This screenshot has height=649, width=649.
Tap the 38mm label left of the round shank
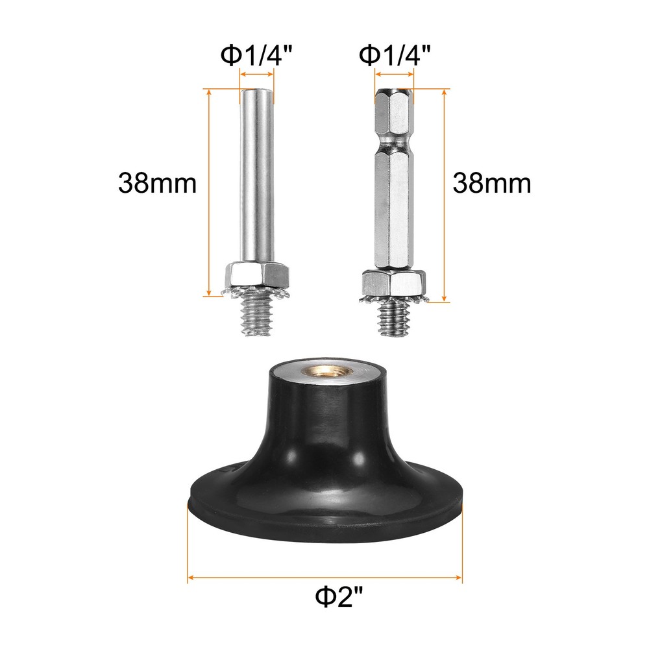click(x=157, y=184)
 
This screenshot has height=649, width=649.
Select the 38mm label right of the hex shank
click(x=492, y=184)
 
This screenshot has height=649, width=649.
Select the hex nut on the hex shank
click(x=394, y=282)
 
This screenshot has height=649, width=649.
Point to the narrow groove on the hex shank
click(x=393, y=146)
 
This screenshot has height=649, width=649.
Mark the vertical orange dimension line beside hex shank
click(x=445, y=195)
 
